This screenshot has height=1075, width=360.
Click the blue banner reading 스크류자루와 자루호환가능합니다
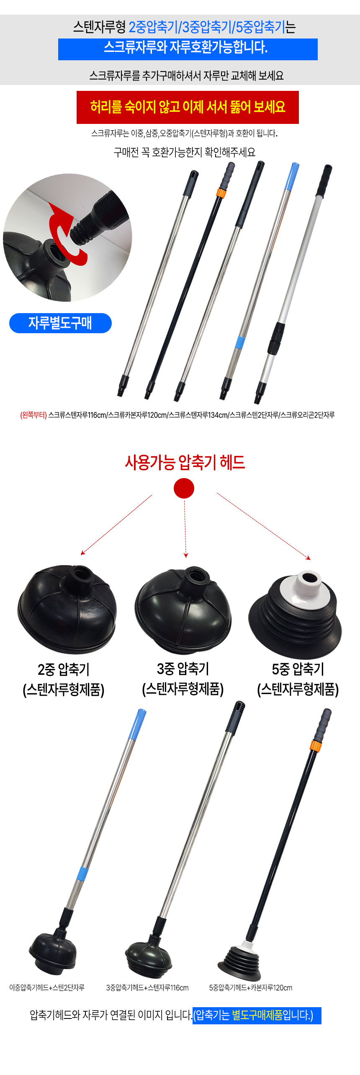tap(188, 49)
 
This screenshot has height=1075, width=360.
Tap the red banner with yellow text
tap(188, 107)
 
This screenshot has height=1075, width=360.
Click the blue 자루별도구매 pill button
tap(60, 323)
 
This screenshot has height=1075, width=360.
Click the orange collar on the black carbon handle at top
tap(221, 193)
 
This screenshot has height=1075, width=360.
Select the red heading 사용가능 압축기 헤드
tap(185, 462)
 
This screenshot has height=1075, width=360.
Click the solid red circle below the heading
tap(184, 488)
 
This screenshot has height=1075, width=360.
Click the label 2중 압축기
tap(64, 669)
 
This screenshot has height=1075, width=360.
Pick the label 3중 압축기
tap(183, 669)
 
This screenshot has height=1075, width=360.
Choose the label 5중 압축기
tap(298, 669)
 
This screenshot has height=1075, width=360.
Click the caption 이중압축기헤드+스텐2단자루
tap(47, 988)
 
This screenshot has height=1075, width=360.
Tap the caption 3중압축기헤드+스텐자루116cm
tap(147, 988)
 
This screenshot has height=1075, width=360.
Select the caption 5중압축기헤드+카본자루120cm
tap(251, 988)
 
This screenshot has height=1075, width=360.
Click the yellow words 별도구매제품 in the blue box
tap(257, 1015)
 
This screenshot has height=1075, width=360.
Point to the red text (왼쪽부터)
tap(33, 415)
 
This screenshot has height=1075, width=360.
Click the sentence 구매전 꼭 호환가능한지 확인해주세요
tap(185, 152)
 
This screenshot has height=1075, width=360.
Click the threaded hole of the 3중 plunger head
tap(196, 576)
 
